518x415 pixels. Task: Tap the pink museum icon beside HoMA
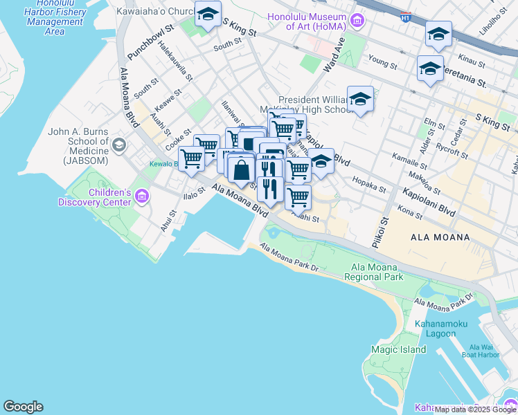(357, 20)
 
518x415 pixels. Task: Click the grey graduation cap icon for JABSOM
(120, 145)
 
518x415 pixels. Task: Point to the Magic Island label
(398, 349)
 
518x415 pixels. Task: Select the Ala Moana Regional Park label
(377, 272)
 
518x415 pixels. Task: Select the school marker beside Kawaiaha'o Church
(206, 15)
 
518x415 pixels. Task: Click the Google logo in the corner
(23, 407)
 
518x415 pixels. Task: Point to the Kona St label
(411, 215)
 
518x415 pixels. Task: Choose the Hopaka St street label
(369, 185)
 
